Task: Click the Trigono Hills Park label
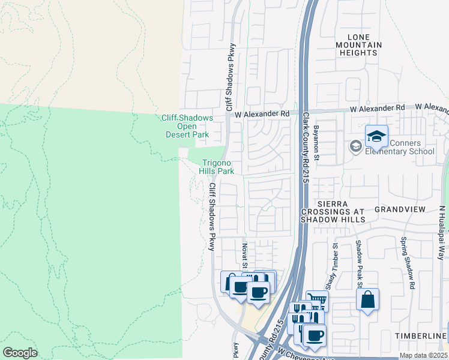pyautogui.click(x=217, y=167)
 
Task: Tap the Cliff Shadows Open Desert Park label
pyautogui.click(x=187, y=127)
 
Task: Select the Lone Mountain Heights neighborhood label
pyautogui.click(x=358, y=45)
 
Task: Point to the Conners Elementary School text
pyautogui.click(x=400, y=148)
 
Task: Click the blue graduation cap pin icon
pyautogui.click(x=376, y=137)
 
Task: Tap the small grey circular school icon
pyautogui.click(x=356, y=146)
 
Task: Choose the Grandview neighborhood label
pyautogui.click(x=399, y=209)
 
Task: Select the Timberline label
pyautogui.click(x=421, y=334)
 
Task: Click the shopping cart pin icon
pyautogui.click(x=317, y=301)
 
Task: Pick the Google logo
pyautogui.click(x=20, y=353)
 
